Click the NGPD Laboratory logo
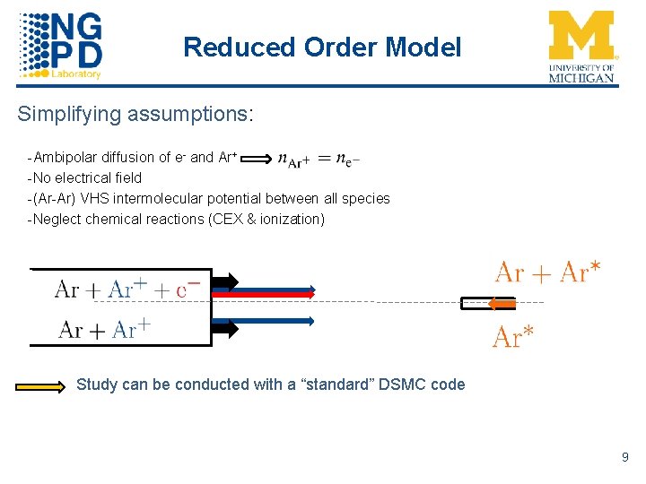[x=61, y=45]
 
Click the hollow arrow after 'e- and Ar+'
[x=257, y=159]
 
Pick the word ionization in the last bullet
[x=291, y=219]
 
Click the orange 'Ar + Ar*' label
[x=547, y=272]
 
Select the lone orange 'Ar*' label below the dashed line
[x=514, y=337]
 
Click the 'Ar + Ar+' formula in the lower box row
[x=104, y=330]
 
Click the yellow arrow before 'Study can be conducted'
[x=40, y=385]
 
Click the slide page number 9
[x=624, y=458]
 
